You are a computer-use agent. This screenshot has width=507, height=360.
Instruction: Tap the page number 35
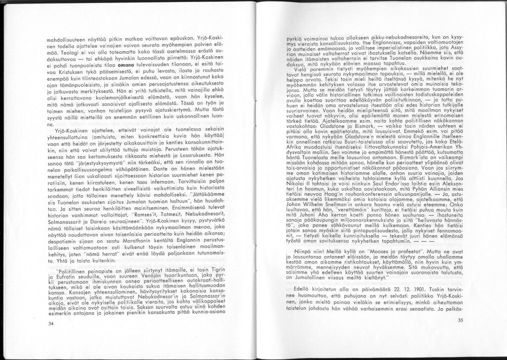(x=460, y=320)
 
